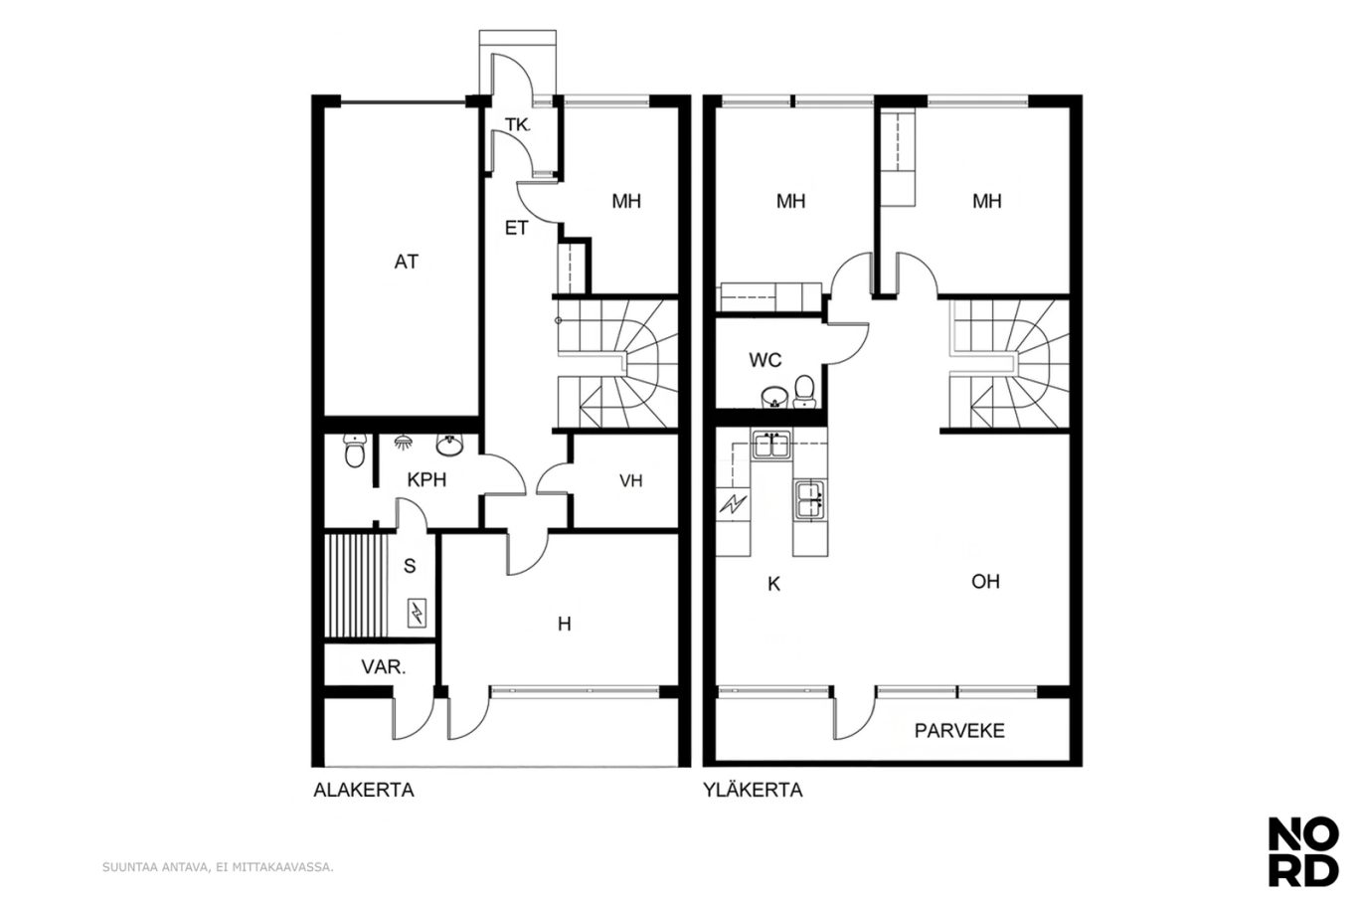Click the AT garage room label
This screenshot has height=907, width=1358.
point(407,262)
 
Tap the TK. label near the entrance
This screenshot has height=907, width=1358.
point(518,125)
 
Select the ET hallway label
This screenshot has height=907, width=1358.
point(517,228)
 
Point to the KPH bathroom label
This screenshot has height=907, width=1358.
point(426,480)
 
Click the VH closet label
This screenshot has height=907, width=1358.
point(631,480)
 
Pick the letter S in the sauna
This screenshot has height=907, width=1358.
point(410,566)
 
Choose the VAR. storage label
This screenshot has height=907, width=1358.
point(384,667)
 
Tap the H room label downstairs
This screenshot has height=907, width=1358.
point(565,624)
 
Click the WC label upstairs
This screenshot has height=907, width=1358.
point(765,360)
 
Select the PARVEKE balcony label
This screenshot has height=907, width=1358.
point(959,731)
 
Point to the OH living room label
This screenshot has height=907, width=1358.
point(986,582)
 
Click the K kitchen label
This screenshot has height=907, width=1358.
point(774,584)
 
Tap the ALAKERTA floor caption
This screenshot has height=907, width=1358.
point(364,790)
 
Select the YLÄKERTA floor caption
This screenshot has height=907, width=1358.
point(753,790)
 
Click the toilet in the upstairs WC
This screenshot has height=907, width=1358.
point(804,392)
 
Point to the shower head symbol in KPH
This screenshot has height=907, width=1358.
point(402,442)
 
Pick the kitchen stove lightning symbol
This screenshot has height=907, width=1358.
point(733,504)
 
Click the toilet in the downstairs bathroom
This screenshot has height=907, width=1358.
point(355,452)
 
